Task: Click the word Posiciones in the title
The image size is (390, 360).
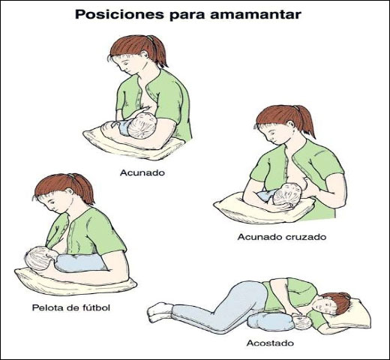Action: (119, 14)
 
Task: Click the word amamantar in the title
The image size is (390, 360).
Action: (256, 15)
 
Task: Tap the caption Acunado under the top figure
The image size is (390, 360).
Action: (142, 172)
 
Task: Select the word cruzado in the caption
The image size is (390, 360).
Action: (306, 237)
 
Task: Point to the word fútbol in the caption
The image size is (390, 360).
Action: (96, 307)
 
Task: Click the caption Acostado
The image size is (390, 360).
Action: (270, 343)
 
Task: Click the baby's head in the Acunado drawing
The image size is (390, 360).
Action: (142, 125)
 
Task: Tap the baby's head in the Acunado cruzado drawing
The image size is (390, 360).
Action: (287, 195)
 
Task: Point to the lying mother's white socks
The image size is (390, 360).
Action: (160, 312)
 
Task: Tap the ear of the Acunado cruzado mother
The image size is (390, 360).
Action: (290, 124)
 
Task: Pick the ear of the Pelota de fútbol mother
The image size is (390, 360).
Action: (69, 192)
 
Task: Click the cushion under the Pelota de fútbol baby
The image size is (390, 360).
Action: (75, 283)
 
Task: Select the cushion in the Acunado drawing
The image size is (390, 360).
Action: (133, 145)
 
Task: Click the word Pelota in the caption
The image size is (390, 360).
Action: (48, 307)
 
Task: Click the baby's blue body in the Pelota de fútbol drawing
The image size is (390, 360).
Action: (81, 262)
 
